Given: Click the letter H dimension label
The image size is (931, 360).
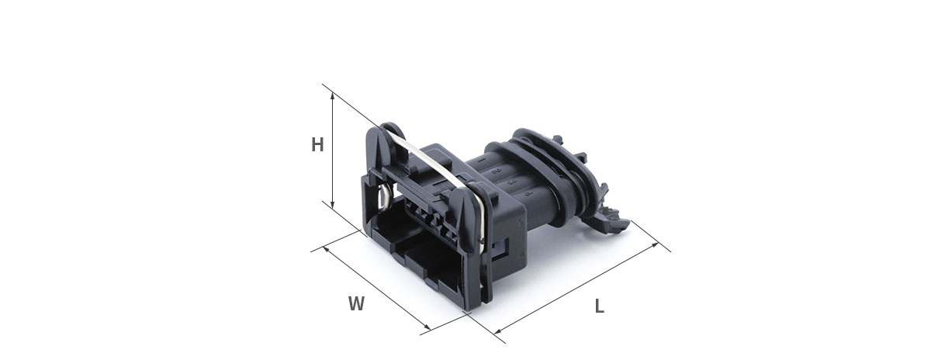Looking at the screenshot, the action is [x=317, y=145].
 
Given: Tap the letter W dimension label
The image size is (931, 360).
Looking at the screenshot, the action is [x=357, y=303].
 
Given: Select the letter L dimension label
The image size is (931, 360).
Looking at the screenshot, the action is [x=599, y=306].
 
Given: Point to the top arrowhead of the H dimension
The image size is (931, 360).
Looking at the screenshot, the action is [x=333, y=96].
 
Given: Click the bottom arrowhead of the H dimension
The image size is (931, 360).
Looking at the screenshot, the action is [x=333, y=205].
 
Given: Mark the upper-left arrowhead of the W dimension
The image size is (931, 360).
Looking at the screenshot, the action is [x=326, y=249].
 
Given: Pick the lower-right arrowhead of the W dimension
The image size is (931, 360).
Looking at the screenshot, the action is [x=427, y=327].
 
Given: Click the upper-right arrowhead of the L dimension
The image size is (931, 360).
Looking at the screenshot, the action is [x=655, y=245].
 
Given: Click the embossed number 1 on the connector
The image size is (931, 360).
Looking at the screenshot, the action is [x=481, y=160].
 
